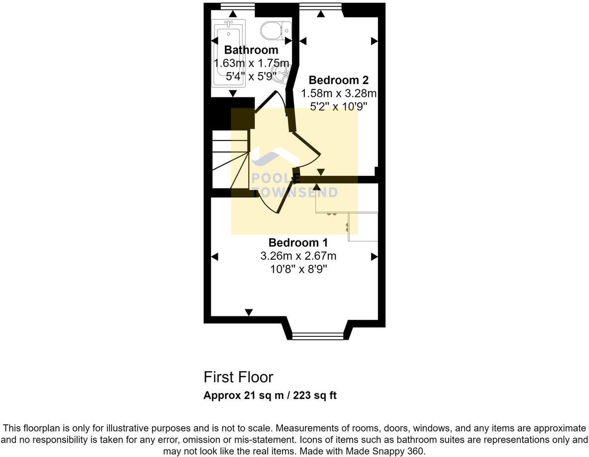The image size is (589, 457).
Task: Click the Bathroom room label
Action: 251,50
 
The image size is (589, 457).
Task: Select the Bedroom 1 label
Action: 298,242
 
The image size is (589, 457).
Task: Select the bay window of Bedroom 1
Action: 317,336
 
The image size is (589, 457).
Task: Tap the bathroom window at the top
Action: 237,6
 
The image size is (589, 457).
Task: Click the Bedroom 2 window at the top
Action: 320,6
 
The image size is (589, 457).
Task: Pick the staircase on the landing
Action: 230,159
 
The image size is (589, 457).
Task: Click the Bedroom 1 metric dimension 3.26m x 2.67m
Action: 298,256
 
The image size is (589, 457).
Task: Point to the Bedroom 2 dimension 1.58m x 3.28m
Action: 339,93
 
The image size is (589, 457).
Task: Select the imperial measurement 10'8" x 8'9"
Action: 298,269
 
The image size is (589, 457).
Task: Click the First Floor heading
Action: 238,377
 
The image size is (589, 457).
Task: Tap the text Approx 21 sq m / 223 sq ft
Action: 270,396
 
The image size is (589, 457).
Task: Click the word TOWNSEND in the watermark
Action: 294,193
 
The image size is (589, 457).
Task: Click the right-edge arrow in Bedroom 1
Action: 374,257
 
